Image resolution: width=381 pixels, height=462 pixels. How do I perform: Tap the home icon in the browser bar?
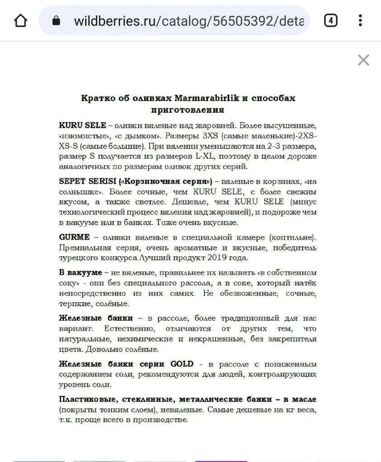21,21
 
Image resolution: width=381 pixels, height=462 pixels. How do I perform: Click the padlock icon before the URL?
56,21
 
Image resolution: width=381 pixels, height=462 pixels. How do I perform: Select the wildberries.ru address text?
188,21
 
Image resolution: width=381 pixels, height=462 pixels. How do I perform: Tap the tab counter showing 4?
331,21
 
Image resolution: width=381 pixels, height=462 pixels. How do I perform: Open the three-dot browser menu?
360,21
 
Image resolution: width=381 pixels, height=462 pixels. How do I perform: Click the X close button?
363,60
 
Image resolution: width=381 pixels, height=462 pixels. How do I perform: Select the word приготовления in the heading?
188,110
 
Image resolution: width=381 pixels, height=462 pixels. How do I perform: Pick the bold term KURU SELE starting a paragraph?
82,125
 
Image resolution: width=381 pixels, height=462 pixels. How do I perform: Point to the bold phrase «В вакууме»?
80,273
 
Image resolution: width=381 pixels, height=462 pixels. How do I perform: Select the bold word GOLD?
182,364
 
